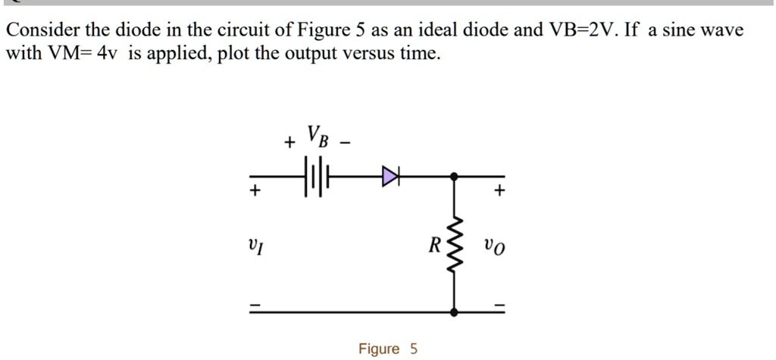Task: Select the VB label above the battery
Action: (315, 136)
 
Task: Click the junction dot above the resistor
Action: (454, 177)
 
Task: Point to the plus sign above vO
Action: (499, 192)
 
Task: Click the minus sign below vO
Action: (499, 304)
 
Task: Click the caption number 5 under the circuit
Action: (413, 349)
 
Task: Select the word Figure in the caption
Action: (379, 349)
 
